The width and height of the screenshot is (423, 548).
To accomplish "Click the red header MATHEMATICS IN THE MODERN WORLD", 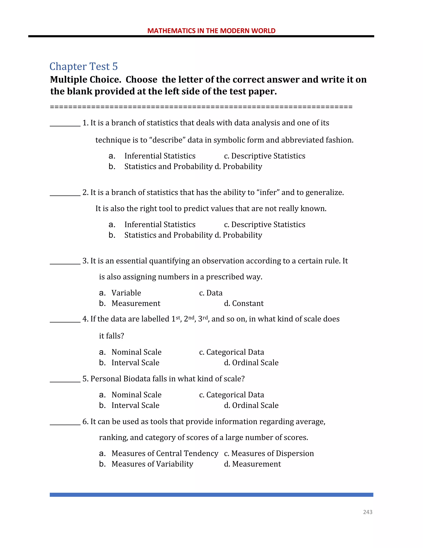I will point(211,31).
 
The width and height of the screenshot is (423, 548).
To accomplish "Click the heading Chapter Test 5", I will point(83,67).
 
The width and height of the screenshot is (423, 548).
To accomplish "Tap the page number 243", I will point(367,512).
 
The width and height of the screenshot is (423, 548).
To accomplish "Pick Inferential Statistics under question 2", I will point(160,224).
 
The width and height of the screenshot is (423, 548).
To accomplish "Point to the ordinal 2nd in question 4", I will point(189,319).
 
